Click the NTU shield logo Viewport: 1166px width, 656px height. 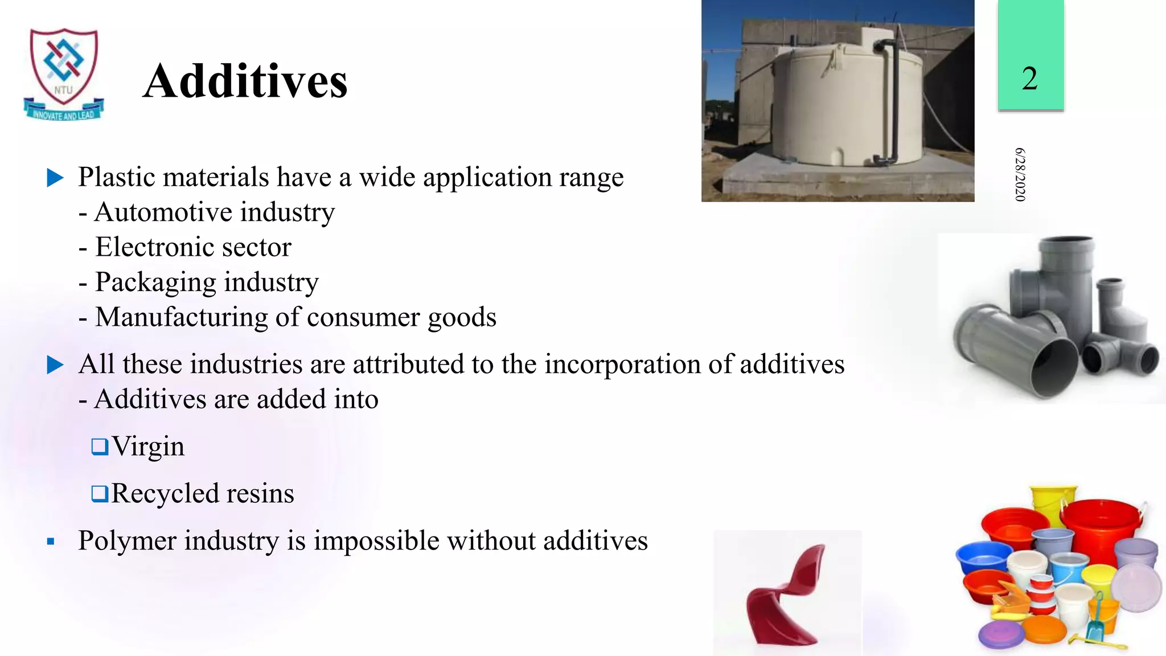tap(64, 73)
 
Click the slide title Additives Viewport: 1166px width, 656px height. tap(245, 81)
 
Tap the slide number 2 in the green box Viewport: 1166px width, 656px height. tap(1029, 78)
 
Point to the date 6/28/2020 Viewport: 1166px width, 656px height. tap(1020, 174)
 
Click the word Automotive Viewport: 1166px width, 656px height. tap(163, 212)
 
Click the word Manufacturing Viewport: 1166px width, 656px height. tap(181, 317)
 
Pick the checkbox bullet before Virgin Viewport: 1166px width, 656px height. tap(100, 446)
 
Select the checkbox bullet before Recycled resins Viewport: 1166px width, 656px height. tap(100, 493)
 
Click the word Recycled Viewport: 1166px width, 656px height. tap(165, 494)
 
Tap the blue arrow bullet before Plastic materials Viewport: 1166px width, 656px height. tap(55, 178)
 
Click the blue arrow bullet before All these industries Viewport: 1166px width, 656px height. tap(55, 364)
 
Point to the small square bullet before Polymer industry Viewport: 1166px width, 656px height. tap(51, 542)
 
